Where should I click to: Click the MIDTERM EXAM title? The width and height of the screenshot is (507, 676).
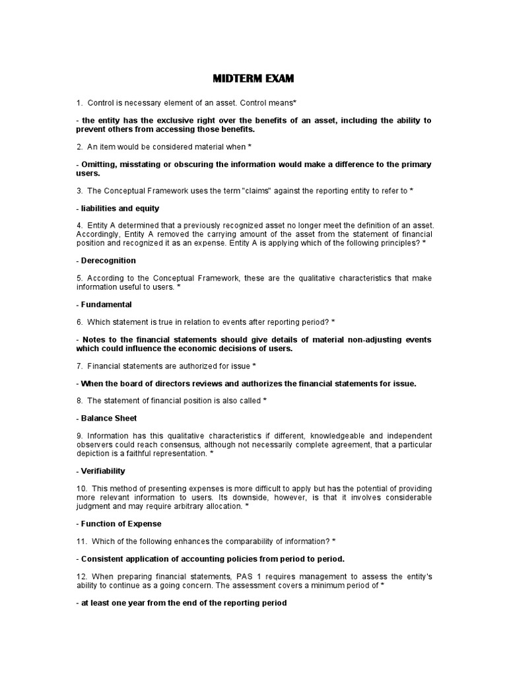tap(253, 79)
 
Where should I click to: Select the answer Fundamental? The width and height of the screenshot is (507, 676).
tap(106, 304)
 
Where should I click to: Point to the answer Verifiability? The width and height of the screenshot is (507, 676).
tap(103, 471)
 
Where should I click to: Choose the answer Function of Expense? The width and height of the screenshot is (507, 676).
tap(121, 524)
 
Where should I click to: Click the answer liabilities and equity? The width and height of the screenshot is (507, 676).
tap(121, 208)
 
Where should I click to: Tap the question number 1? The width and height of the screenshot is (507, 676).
tap(79, 103)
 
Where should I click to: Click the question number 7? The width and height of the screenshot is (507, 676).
tap(79, 366)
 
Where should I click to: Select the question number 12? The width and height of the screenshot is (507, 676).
tap(81, 576)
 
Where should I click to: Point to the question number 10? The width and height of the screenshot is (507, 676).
tap(81, 488)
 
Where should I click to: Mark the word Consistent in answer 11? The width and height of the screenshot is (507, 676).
tap(104, 558)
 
